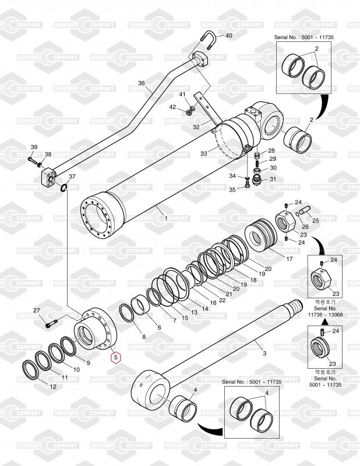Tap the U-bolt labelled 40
(211, 43)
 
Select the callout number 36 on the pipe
(141, 84)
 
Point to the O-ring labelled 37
(63, 187)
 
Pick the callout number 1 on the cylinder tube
(166, 218)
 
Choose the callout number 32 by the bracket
(196, 126)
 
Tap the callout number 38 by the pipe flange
(48, 154)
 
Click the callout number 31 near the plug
(272, 179)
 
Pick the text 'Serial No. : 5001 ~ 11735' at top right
(308, 36)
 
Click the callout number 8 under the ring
(144, 337)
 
